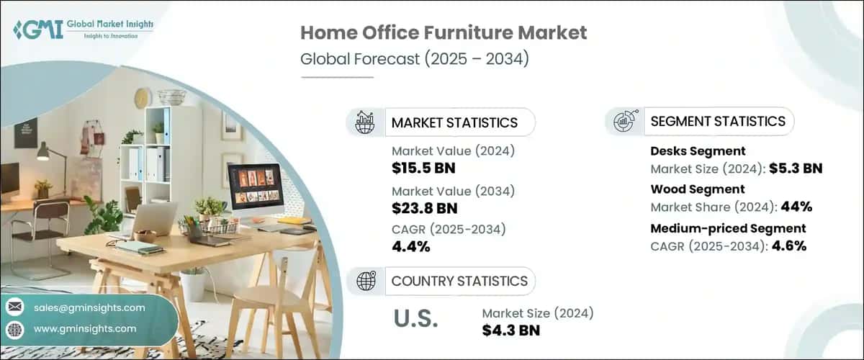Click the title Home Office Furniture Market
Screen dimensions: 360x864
444,32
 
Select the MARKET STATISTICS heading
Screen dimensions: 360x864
454,122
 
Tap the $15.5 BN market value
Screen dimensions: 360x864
423,168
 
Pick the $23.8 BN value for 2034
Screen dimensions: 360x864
424,208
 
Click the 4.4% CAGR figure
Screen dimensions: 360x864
411,247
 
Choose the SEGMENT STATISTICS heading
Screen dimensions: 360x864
718,121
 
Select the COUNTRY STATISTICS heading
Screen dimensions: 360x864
459,281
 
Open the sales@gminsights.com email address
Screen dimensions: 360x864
89,307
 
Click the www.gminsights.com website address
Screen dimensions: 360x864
85,328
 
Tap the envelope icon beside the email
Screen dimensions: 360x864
14,307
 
